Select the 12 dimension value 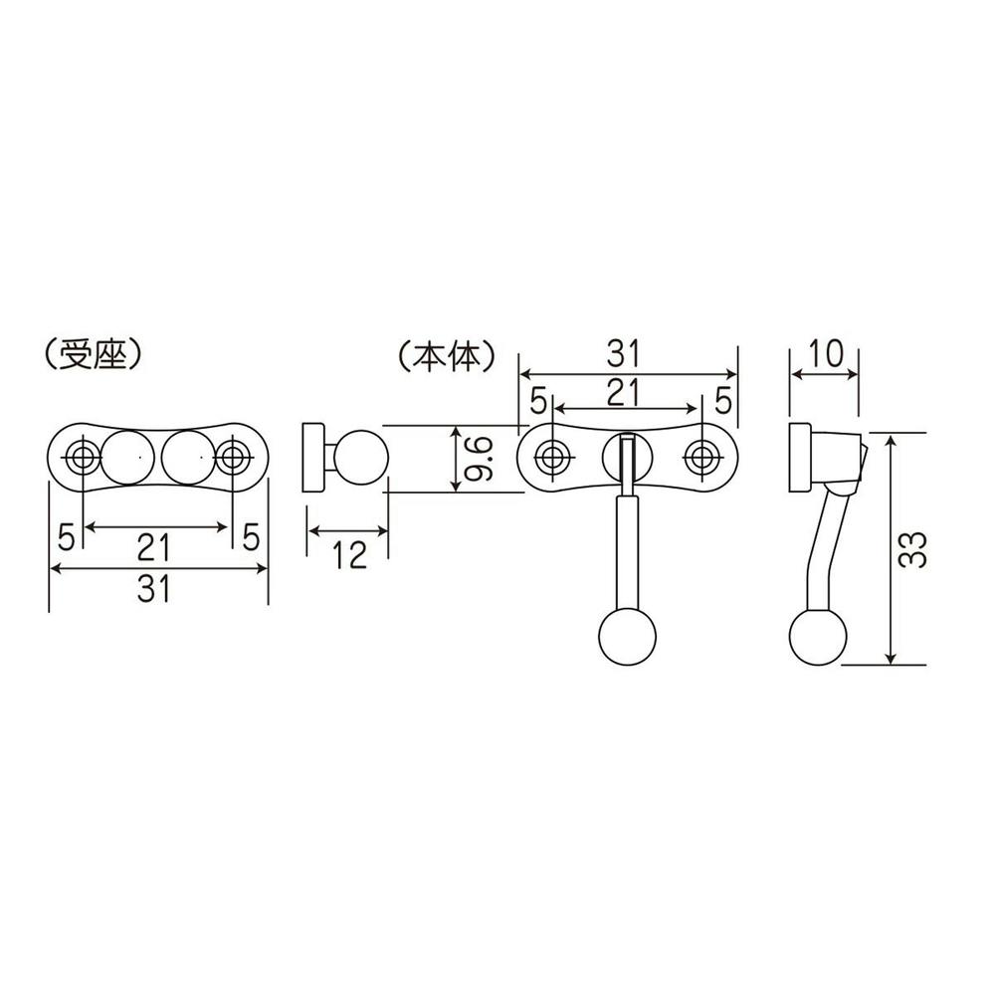pyautogui.click(x=346, y=555)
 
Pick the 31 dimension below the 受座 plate pyautogui.click(x=157, y=590)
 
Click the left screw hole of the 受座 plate pyautogui.click(x=83, y=458)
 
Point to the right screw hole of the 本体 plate pyautogui.click(x=701, y=458)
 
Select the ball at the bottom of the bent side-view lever pyautogui.click(x=818, y=637)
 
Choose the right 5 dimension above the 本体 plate pyautogui.click(x=721, y=401)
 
